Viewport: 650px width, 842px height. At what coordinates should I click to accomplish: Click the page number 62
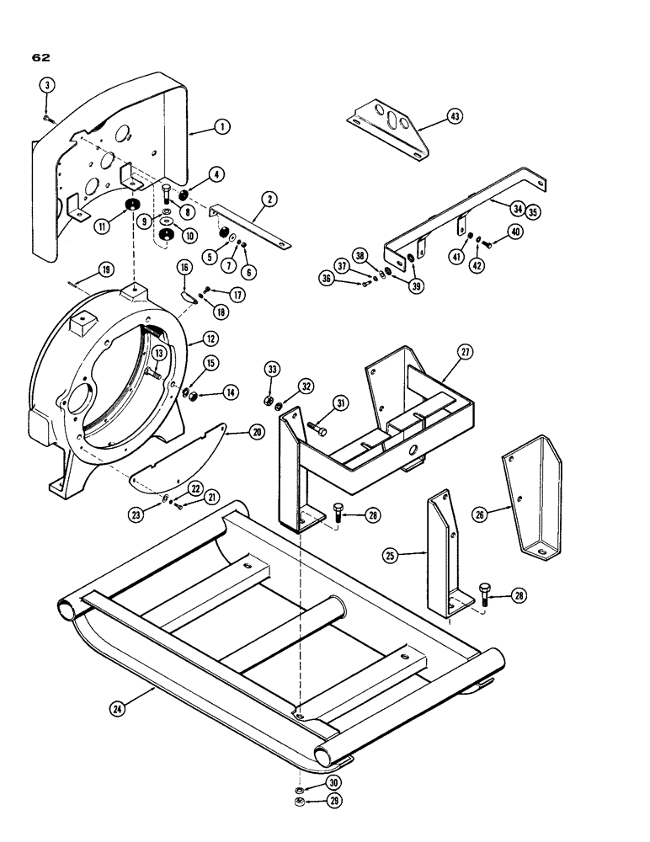41,58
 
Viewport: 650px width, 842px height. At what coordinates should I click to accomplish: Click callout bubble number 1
221,126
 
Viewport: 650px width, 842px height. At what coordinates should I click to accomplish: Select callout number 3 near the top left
47,85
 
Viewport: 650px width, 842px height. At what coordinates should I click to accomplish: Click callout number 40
514,232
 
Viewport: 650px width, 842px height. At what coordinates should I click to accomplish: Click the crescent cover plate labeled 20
181,459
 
